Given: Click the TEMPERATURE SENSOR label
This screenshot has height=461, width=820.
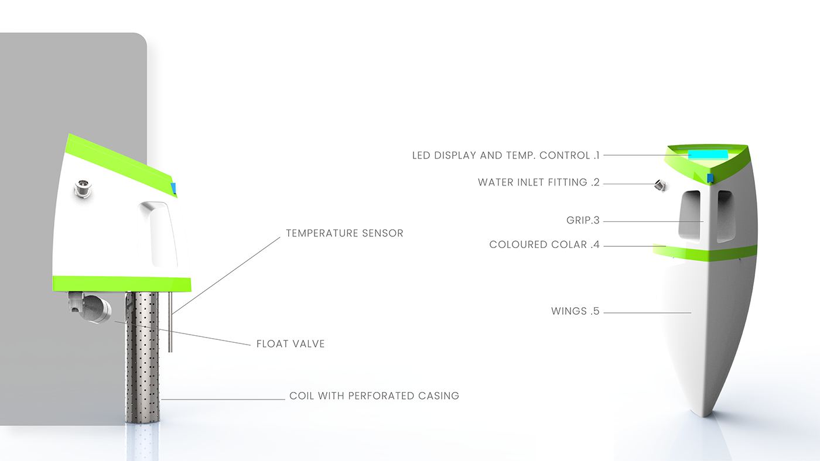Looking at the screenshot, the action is [x=344, y=233].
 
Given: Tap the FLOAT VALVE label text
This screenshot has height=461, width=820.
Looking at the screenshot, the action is [x=291, y=344].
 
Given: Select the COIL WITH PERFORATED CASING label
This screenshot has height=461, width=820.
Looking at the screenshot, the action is [x=374, y=396].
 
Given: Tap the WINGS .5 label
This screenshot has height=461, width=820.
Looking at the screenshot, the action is [x=575, y=312].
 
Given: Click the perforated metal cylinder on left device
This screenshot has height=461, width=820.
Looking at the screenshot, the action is [x=143, y=357].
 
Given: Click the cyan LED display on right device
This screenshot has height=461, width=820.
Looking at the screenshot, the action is [x=708, y=154].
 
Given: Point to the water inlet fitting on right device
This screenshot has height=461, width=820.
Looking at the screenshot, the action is [x=660, y=186].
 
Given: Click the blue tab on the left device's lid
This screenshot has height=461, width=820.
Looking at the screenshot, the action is [x=173, y=188].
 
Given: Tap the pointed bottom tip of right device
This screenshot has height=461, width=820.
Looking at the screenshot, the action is [x=707, y=413].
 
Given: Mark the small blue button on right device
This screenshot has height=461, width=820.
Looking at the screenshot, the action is [x=710, y=178].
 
